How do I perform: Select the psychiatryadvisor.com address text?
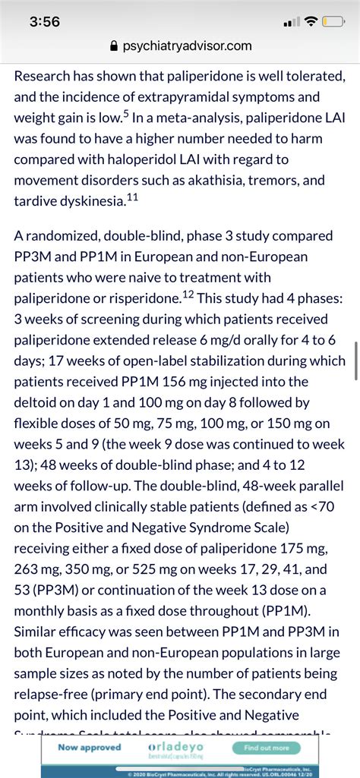[186, 46]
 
